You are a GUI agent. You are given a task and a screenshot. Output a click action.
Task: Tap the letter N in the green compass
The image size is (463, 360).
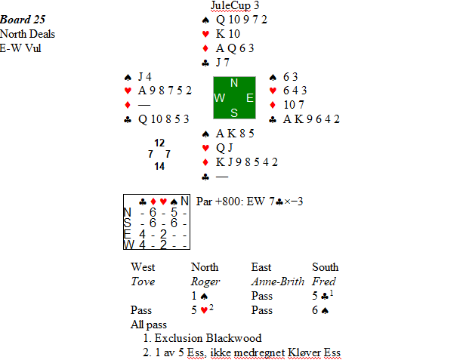click(235, 84)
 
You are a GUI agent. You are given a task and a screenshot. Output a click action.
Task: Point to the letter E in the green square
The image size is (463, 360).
click(249, 98)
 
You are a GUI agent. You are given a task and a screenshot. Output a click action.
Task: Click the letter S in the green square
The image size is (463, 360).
click(235, 112)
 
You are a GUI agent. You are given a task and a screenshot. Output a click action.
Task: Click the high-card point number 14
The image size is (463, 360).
click(159, 166)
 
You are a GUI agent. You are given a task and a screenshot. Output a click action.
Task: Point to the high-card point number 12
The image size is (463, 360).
click(159, 143)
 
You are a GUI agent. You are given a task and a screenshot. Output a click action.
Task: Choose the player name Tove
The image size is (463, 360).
click(143, 282)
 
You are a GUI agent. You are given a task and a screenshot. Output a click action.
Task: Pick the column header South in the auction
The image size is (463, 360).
click(326, 267)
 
